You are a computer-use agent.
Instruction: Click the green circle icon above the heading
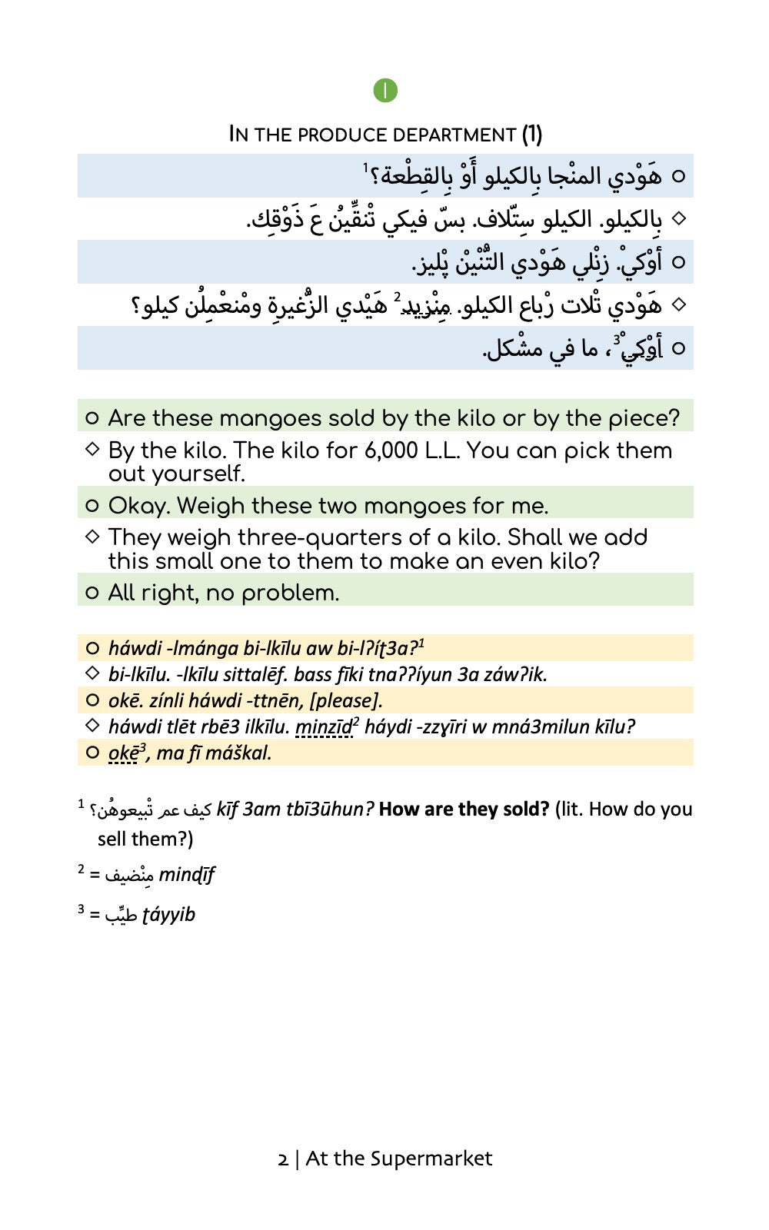pyautogui.click(x=385, y=91)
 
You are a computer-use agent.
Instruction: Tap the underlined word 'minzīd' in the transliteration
pyautogui.click(x=324, y=726)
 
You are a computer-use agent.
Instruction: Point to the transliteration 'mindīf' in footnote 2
pyautogui.click(x=186, y=875)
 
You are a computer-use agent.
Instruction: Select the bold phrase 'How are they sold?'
pyautogui.click(x=464, y=809)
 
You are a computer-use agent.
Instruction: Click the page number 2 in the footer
pyautogui.click(x=283, y=1159)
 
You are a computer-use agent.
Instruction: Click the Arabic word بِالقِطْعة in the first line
pyautogui.click(x=408, y=177)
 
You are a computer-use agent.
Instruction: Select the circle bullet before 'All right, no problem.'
pyautogui.click(x=92, y=593)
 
